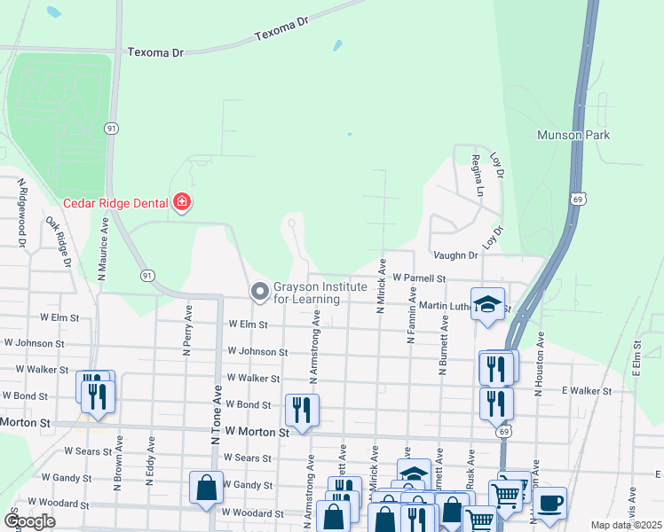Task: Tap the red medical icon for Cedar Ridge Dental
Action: (x=182, y=203)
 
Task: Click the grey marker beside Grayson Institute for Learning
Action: (x=260, y=291)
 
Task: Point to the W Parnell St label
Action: (x=418, y=278)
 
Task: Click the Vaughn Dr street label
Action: (x=455, y=255)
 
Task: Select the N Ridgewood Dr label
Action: (x=20, y=212)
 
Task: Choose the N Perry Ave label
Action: (x=188, y=331)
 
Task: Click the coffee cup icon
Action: (x=550, y=503)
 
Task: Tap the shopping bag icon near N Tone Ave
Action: (x=206, y=487)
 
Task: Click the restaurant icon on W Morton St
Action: (x=302, y=409)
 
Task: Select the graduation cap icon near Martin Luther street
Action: (x=487, y=304)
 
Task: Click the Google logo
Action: (x=30, y=520)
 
